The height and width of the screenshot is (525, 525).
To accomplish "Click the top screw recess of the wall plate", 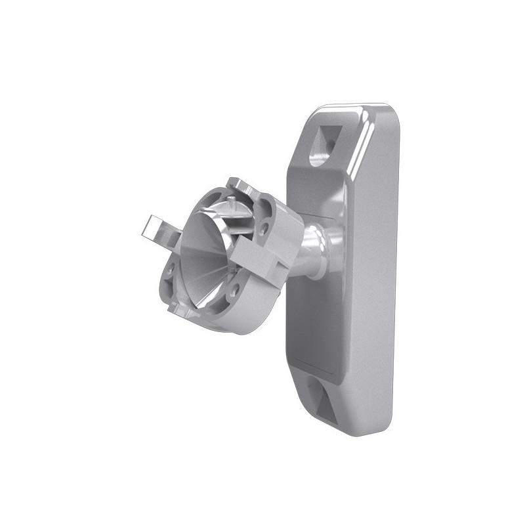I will (x=322, y=144).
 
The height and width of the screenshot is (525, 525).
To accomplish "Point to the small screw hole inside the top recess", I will (x=330, y=142).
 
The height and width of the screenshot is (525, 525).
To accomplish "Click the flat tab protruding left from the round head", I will (x=156, y=230).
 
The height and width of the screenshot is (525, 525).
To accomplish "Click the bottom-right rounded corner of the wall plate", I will (x=387, y=427).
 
